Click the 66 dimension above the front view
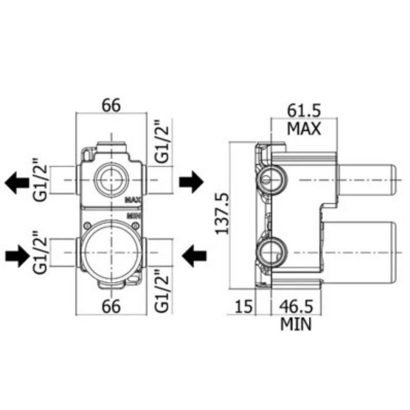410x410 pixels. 111,106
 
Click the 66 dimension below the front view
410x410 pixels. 111,306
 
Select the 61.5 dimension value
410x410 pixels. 304,111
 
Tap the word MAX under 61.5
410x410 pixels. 304,129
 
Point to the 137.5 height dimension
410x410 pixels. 222,213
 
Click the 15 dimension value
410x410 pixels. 244,306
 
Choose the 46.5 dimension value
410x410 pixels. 296,306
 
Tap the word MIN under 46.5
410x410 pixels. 296,324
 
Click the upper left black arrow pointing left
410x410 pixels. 17,182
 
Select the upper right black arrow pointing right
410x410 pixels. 191,182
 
